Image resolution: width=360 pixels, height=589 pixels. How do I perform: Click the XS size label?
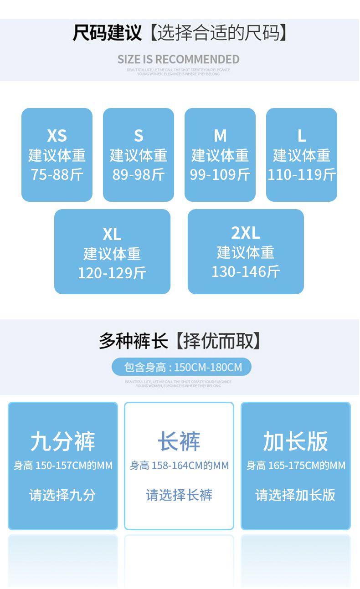(57, 136)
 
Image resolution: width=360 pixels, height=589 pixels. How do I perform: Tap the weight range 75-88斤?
(57, 174)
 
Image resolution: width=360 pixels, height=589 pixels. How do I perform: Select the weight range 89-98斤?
(139, 174)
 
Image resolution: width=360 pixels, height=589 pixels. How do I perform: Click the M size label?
(220, 136)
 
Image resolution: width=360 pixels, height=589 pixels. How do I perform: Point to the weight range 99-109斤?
(220, 174)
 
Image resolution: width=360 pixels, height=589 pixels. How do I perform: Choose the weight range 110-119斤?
(302, 174)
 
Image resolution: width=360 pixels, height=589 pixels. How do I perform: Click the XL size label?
(112, 234)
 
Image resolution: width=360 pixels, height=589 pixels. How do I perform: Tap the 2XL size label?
(246, 233)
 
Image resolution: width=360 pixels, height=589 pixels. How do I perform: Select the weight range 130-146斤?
(246, 272)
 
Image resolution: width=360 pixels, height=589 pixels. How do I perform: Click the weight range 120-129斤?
(112, 273)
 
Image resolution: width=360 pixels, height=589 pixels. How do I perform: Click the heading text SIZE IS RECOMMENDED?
(178, 59)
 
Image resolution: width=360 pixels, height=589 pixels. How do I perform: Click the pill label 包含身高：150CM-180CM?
(181, 367)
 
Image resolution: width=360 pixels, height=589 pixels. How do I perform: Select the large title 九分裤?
(63, 441)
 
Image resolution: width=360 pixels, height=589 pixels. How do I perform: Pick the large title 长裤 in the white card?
(179, 441)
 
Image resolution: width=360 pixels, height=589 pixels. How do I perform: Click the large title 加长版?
(295, 441)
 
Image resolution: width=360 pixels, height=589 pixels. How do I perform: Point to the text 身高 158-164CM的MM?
(179, 466)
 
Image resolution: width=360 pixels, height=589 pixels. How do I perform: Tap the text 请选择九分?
(63, 495)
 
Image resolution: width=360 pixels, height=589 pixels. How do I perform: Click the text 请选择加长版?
(295, 495)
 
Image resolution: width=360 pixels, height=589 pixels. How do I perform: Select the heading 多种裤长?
(134, 341)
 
